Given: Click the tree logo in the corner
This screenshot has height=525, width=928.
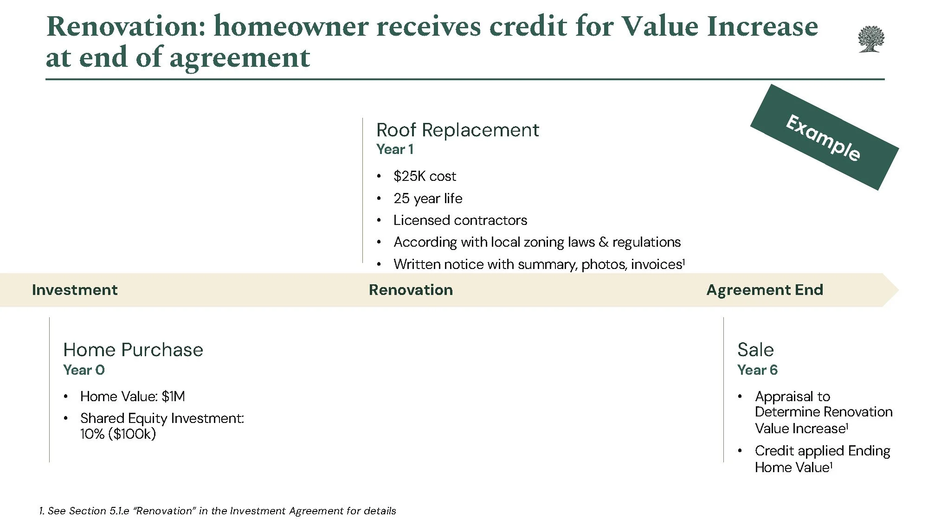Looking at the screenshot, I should [x=871, y=39].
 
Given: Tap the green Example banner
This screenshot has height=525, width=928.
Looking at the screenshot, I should [x=824, y=137].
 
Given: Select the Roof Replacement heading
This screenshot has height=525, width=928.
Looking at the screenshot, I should [x=457, y=130].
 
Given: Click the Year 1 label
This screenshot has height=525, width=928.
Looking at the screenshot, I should [x=394, y=149].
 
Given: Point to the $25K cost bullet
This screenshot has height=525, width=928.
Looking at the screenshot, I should [x=424, y=176].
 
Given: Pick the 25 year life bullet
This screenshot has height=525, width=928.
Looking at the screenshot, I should [x=427, y=198].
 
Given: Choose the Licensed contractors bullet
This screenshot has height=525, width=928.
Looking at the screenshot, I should [x=460, y=220].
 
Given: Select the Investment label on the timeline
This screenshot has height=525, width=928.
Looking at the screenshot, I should [x=75, y=290].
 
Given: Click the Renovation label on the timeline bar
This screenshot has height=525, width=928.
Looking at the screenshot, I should [x=411, y=290].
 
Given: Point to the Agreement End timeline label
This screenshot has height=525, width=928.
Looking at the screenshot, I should [x=764, y=290].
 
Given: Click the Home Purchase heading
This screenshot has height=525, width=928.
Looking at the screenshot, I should [x=133, y=350].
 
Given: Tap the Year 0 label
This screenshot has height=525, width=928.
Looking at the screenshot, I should [x=84, y=370].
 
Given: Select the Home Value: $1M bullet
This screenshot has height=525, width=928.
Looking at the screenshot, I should [x=132, y=397].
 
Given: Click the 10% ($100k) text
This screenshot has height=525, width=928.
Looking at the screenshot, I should [x=118, y=434].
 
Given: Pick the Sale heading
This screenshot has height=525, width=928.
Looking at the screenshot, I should [x=755, y=350].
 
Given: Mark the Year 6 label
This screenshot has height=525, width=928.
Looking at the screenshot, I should [x=757, y=370].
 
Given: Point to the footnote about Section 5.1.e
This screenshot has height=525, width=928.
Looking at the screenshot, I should [x=218, y=511].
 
